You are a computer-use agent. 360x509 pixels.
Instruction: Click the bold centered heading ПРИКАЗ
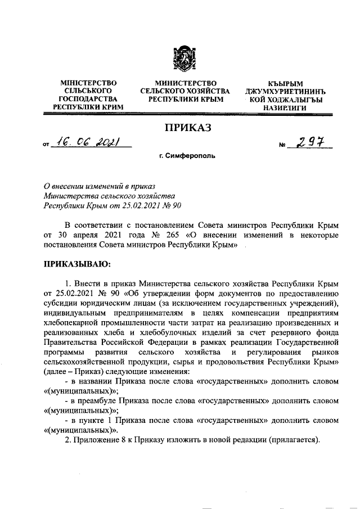pyautogui.click(x=181, y=129)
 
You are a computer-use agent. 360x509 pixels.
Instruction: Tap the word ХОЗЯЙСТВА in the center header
pyautogui.click(x=207, y=91)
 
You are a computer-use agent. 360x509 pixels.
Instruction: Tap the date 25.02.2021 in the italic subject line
pyautogui.click(x=131, y=206)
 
